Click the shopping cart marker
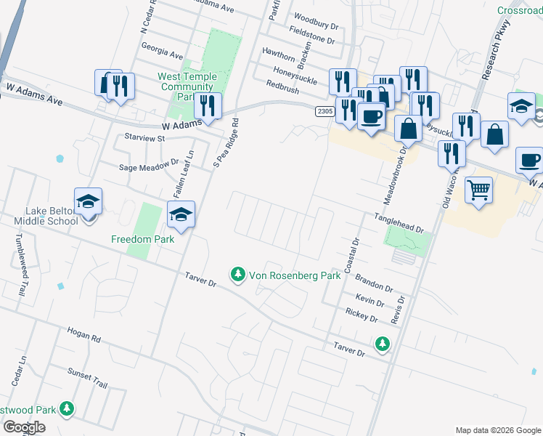tap(478, 191)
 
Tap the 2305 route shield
tap(324, 111)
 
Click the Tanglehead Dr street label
tap(399, 222)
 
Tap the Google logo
tap(24, 427)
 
